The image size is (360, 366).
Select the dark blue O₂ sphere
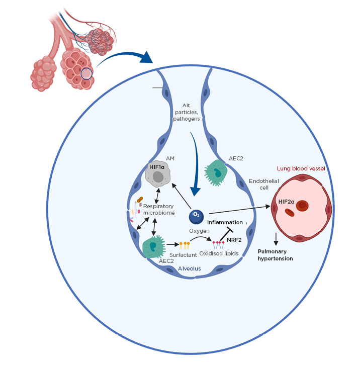click(196, 217)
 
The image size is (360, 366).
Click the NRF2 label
click(234, 240)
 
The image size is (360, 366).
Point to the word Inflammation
click(225, 222)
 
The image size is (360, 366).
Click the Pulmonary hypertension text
click(275, 254)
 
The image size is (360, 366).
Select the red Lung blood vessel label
click(301, 168)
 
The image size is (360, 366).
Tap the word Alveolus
click(190, 268)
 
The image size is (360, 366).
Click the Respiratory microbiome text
click(158, 210)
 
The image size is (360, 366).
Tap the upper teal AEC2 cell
click(218, 173)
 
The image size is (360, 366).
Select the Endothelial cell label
click(260, 185)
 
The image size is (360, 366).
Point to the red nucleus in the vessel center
click(302, 205)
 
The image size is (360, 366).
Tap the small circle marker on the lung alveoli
click(86, 74)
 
